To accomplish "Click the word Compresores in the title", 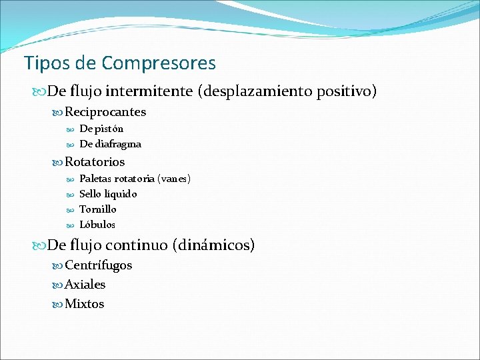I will coord(159,63).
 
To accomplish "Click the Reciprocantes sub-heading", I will coord(105,112).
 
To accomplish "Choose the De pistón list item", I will coord(101,129).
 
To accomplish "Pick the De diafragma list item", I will coord(110,144).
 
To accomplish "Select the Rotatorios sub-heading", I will coord(95,162).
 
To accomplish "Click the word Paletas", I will coord(95,179).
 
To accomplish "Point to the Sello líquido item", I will coord(108,194).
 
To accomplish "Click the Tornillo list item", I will coord(98,209).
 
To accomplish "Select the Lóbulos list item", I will coord(97,225).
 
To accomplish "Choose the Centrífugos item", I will coord(99,265).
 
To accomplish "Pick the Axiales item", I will coord(85,285).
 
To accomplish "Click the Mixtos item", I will coord(85,304).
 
